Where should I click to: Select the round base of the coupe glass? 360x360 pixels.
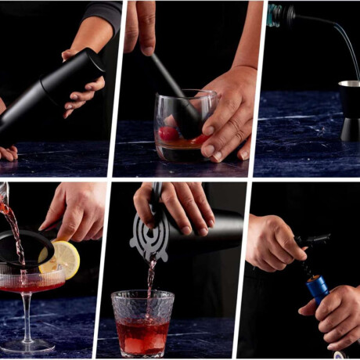pos(28,345)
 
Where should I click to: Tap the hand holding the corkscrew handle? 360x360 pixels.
pos(274,243)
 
